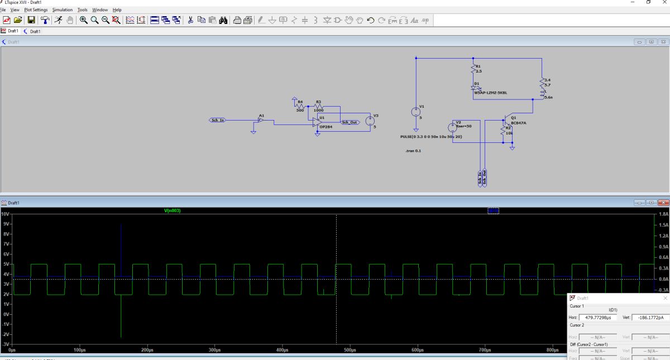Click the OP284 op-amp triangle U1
[317, 121]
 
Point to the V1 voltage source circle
[416, 112]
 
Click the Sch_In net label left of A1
[217, 120]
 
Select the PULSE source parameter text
[431, 136]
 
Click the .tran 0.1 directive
[413, 151]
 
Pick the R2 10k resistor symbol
[501, 131]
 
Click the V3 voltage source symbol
[369, 121]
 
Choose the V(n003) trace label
[172, 210]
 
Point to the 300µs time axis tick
[214, 350]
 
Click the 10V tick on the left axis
[5, 214]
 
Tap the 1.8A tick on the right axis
[663, 214]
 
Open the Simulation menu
[63, 10]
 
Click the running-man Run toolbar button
[58, 20]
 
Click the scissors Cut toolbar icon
[190, 20]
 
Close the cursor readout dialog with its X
[665, 299]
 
